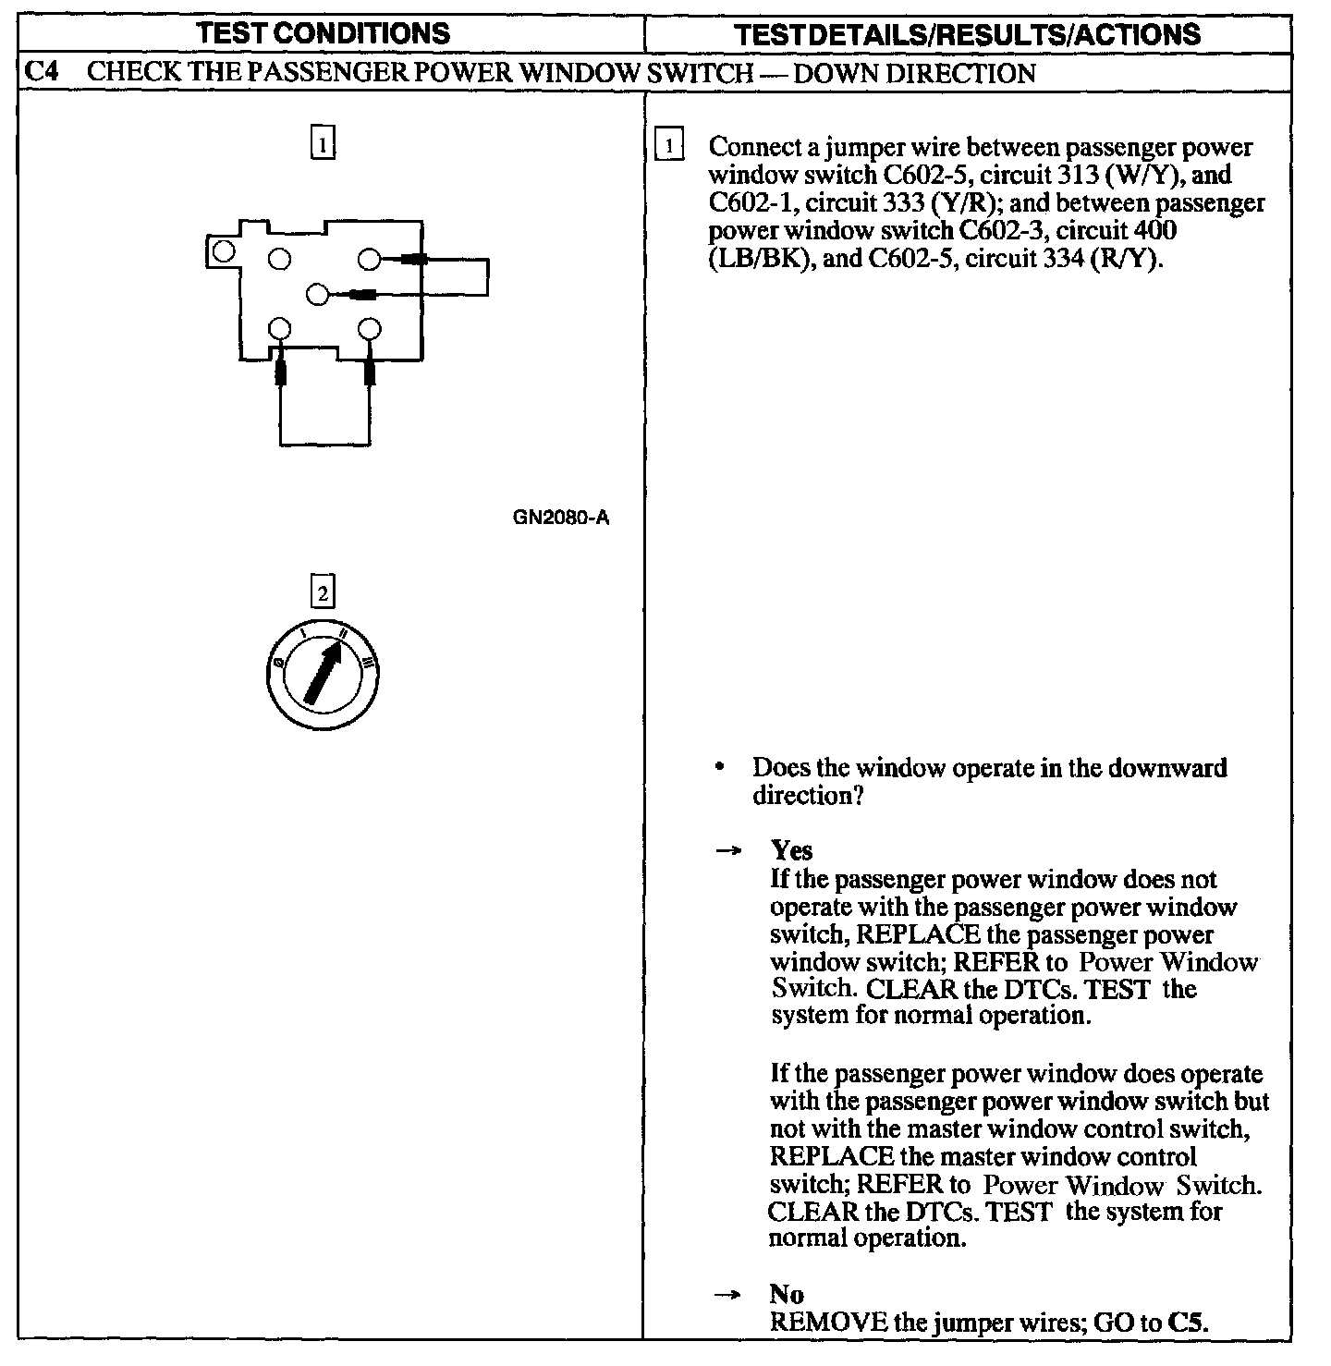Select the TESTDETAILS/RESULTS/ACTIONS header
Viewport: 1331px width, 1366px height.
click(967, 35)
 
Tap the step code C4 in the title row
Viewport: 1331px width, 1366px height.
click(42, 72)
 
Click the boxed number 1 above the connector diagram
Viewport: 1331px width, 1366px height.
click(322, 145)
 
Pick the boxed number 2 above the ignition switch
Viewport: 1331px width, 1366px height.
click(322, 592)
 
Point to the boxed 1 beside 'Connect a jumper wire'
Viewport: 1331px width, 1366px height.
click(668, 147)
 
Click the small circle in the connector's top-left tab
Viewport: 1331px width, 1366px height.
click(222, 250)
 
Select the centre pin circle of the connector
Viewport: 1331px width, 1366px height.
click(317, 295)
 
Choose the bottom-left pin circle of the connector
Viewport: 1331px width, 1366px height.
click(280, 329)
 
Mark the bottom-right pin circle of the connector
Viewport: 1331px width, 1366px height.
click(369, 329)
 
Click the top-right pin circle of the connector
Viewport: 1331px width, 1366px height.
click(369, 260)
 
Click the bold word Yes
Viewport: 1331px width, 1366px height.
click(791, 850)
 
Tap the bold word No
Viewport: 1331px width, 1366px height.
click(786, 1294)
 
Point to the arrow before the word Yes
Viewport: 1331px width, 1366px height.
click(728, 851)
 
